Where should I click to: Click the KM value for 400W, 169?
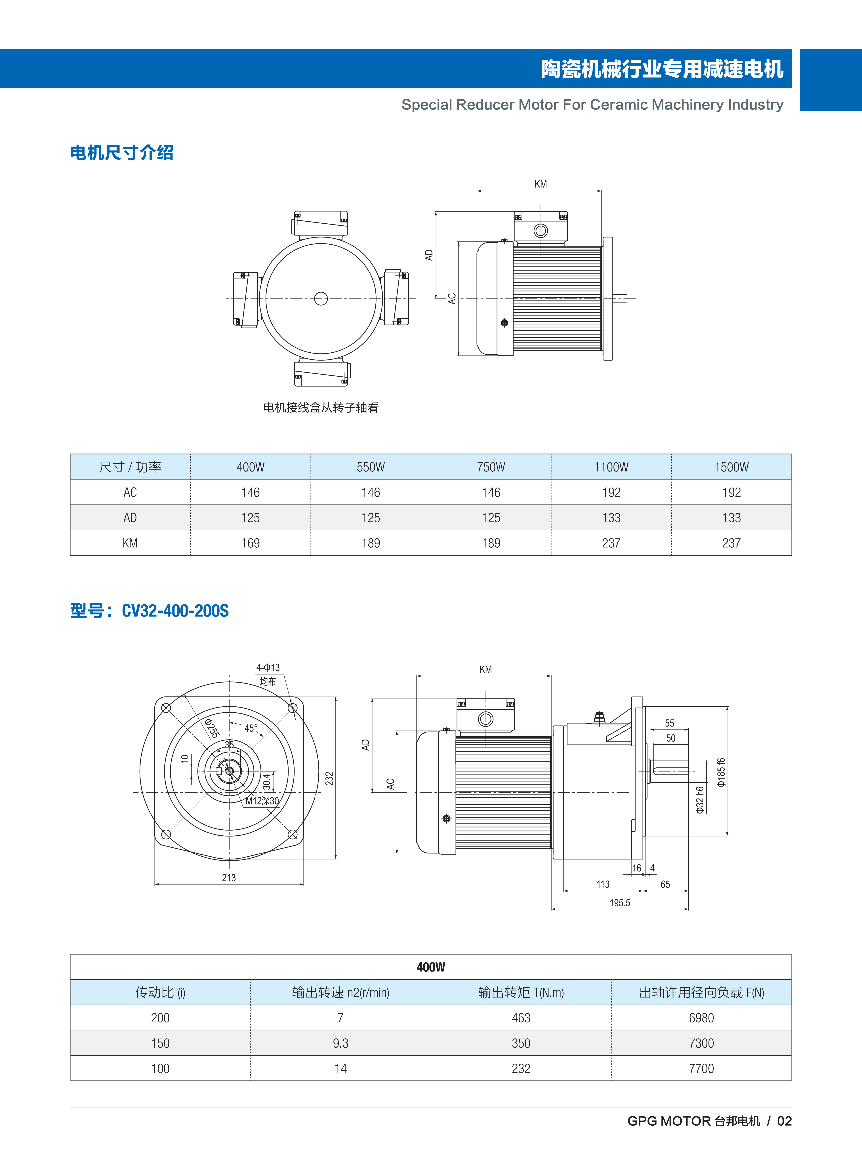pyautogui.click(x=251, y=543)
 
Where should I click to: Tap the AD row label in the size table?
pyautogui.click(x=130, y=518)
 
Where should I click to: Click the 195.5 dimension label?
pyautogui.click(x=620, y=903)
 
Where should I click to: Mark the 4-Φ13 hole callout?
pyautogui.click(x=268, y=667)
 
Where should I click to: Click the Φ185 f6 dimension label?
pyautogui.click(x=721, y=772)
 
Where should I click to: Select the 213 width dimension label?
pyautogui.click(x=229, y=878)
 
